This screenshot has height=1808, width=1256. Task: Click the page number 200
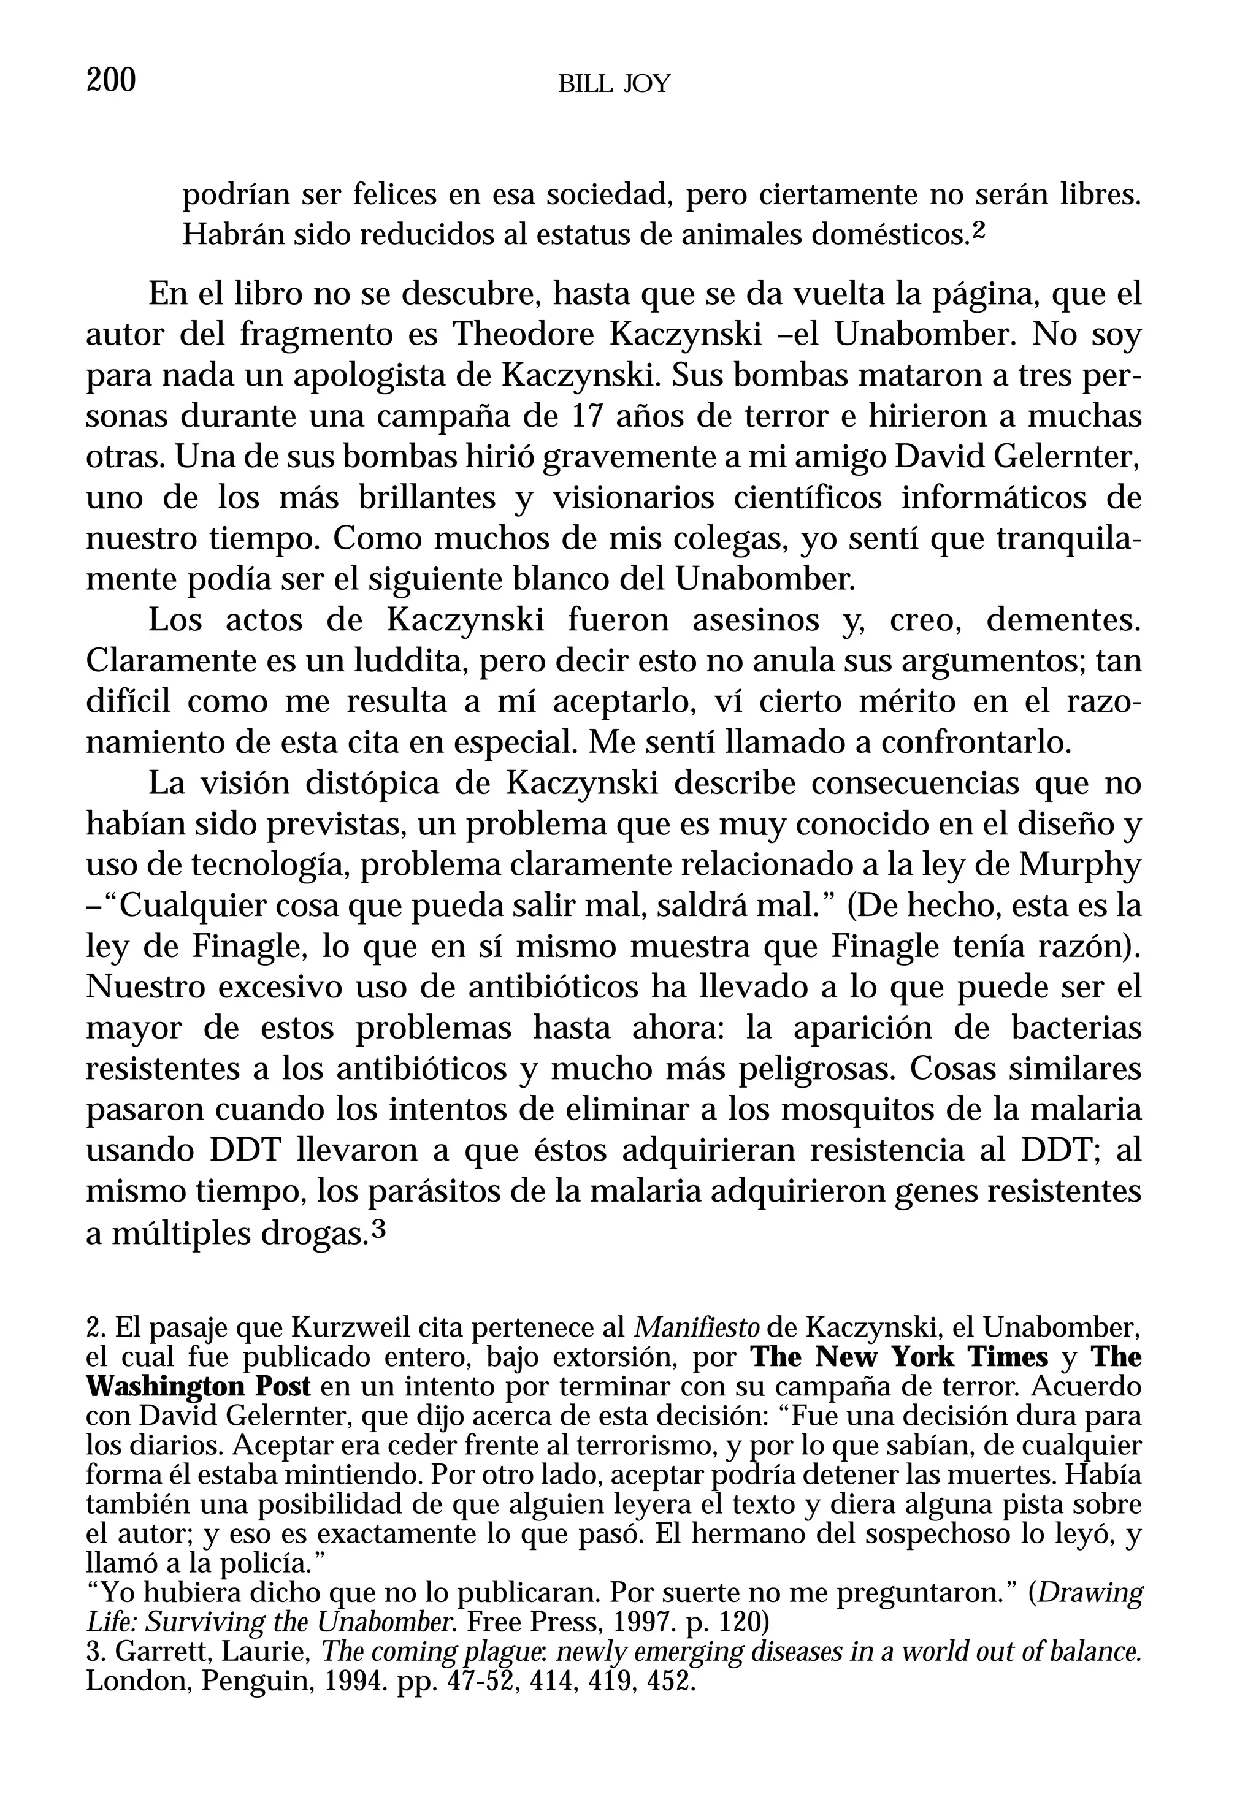pos(111,80)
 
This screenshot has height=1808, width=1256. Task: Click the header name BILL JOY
pos(614,84)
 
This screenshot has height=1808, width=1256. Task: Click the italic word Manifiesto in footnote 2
pos(697,1328)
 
